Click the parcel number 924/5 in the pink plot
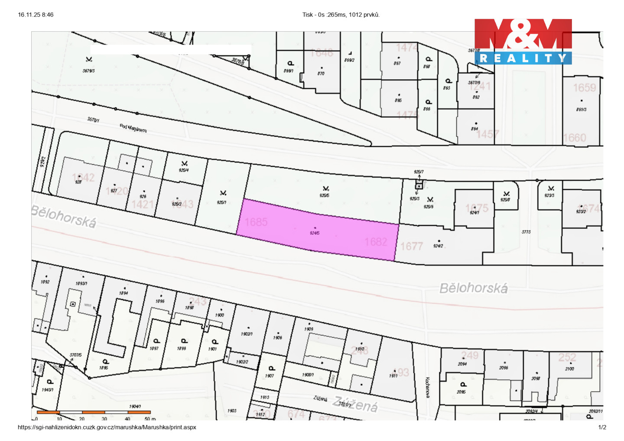click(x=315, y=233)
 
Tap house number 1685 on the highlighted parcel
click(x=256, y=222)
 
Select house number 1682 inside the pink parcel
click(x=376, y=242)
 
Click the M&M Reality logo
click(x=523, y=42)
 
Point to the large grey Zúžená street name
click(x=355, y=405)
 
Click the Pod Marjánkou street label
click(x=133, y=128)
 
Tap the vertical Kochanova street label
click(x=427, y=387)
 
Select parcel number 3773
click(x=526, y=232)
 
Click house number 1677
click(x=411, y=246)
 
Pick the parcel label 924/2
click(x=438, y=246)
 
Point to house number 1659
click(x=585, y=88)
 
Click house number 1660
click(x=575, y=138)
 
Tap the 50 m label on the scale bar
click(x=150, y=419)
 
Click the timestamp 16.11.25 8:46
click(x=36, y=15)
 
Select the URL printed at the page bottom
click(x=107, y=427)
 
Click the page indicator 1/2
click(x=602, y=427)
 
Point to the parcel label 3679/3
click(x=88, y=71)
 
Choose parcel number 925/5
click(x=324, y=195)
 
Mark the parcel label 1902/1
click(x=247, y=334)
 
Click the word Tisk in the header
click(x=308, y=15)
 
